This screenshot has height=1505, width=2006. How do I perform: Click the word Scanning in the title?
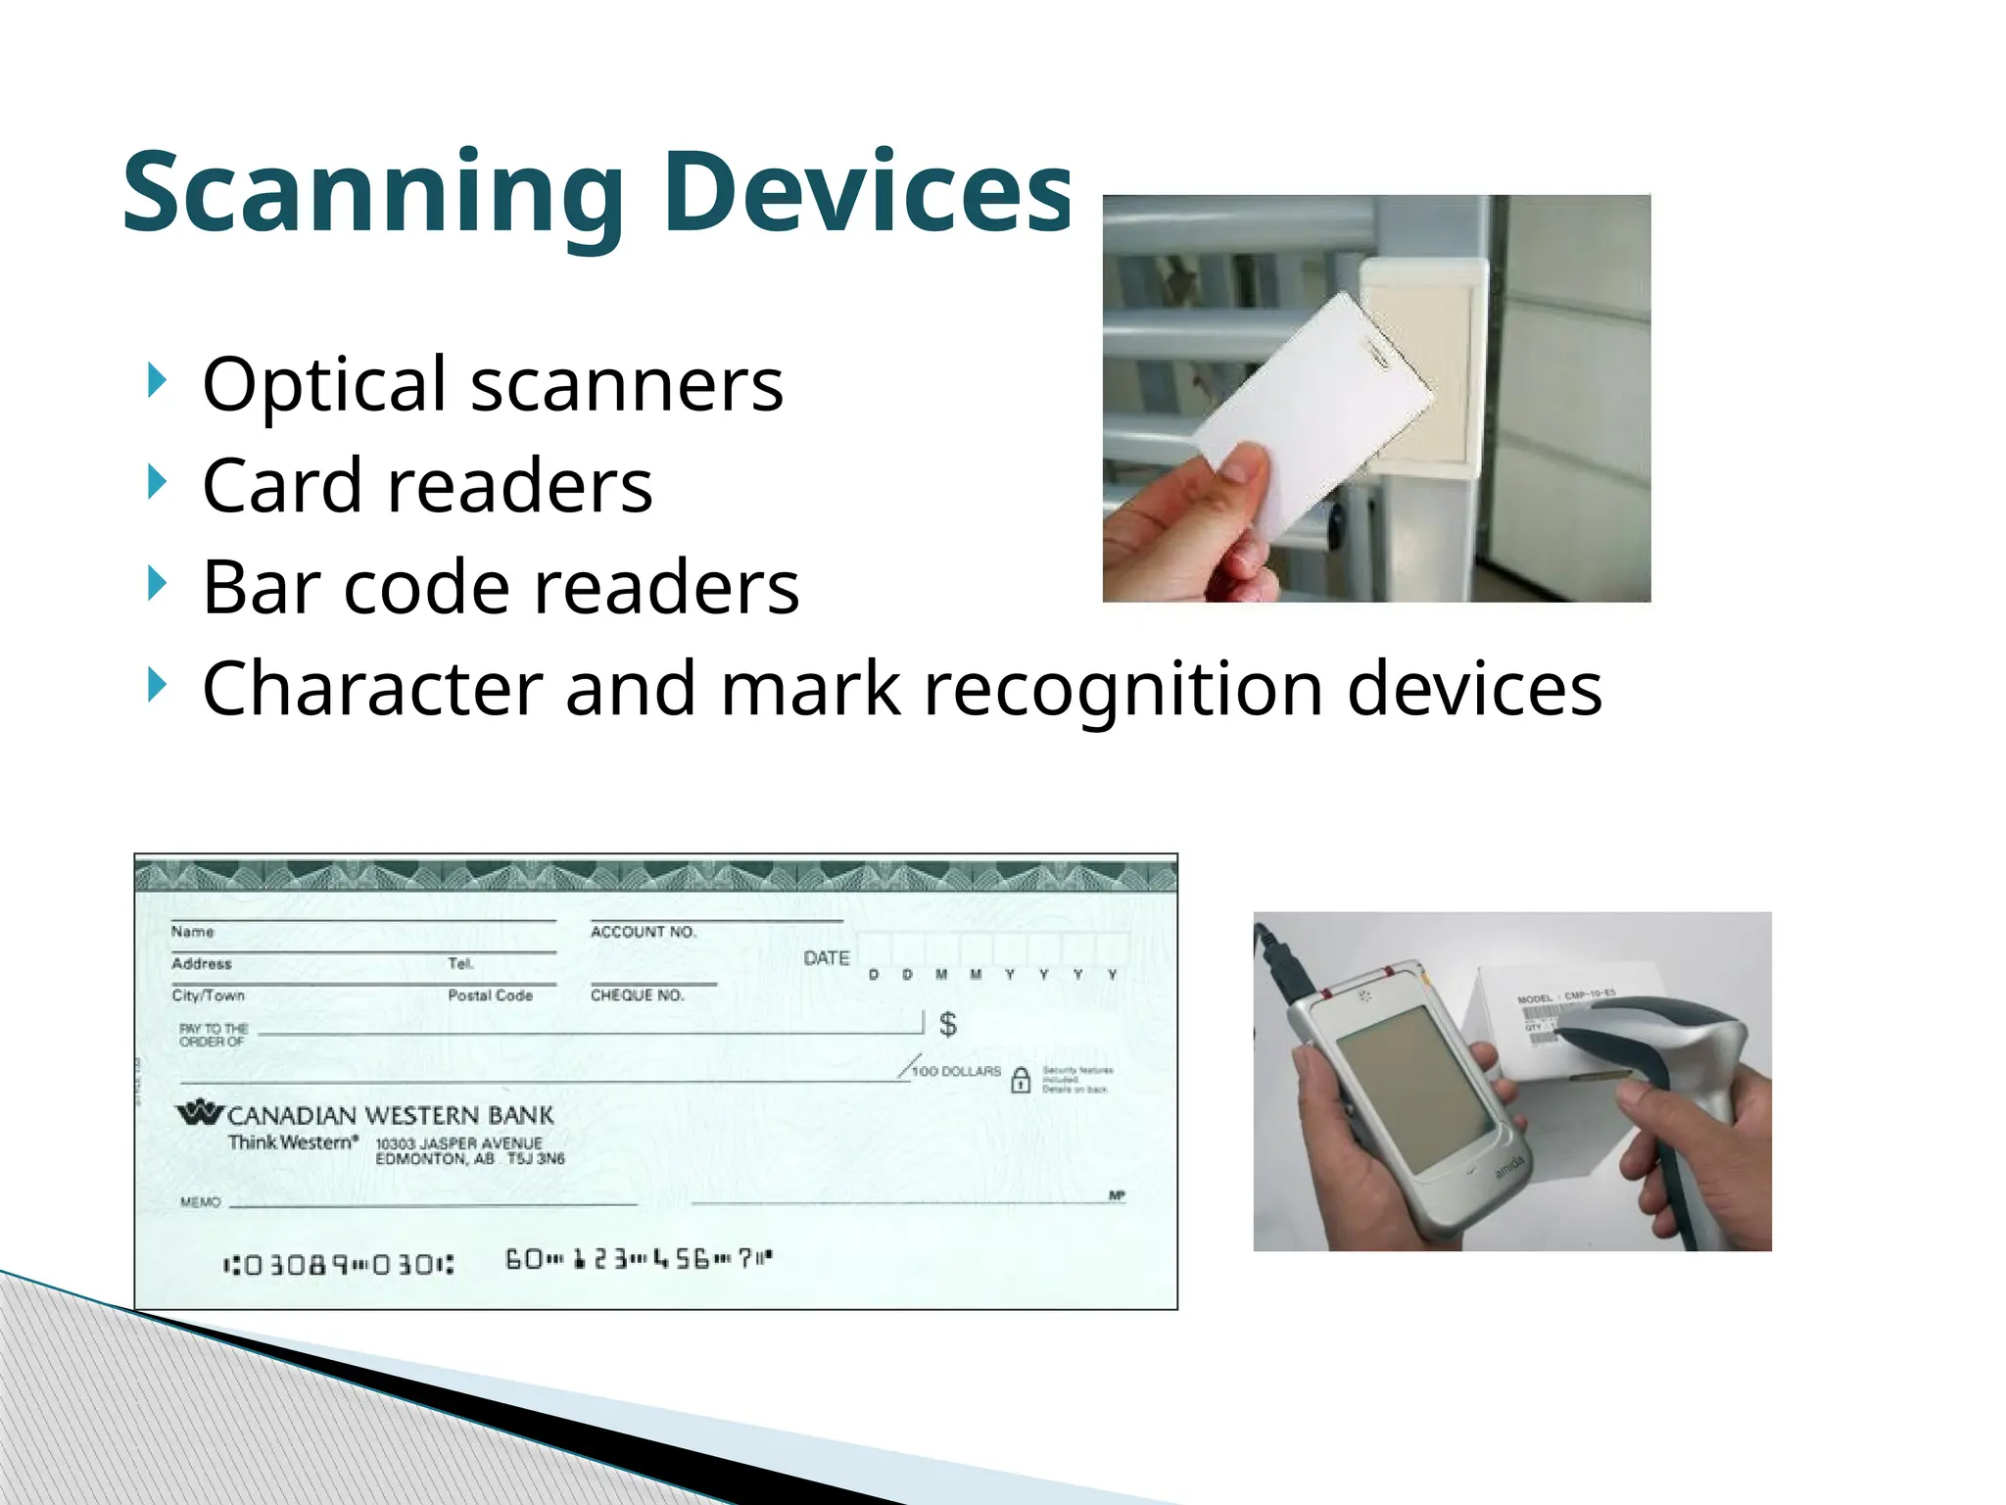[x=372, y=193]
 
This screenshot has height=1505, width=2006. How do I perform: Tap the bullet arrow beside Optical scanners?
[x=156, y=379]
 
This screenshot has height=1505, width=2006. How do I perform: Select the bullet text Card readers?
[x=427, y=485]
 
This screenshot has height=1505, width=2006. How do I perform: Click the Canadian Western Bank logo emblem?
[x=200, y=1112]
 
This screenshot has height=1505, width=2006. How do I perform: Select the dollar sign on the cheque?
[x=947, y=1024]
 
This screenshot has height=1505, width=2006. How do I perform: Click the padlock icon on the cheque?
[x=1020, y=1080]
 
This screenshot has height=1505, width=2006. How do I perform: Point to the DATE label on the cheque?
[x=826, y=958]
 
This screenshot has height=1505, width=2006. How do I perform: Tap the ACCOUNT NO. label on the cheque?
[x=643, y=932]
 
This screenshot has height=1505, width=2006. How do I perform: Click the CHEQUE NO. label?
[x=637, y=995]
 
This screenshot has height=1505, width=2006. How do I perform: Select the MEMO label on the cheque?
[x=200, y=1202]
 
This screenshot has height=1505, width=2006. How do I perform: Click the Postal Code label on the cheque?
[x=490, y=995]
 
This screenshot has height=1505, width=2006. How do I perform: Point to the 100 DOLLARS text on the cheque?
[x=955, y=1071]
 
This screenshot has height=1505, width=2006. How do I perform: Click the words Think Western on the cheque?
[x=292, y=1142]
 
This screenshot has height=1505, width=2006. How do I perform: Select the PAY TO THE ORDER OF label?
[x=213, y=1035]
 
